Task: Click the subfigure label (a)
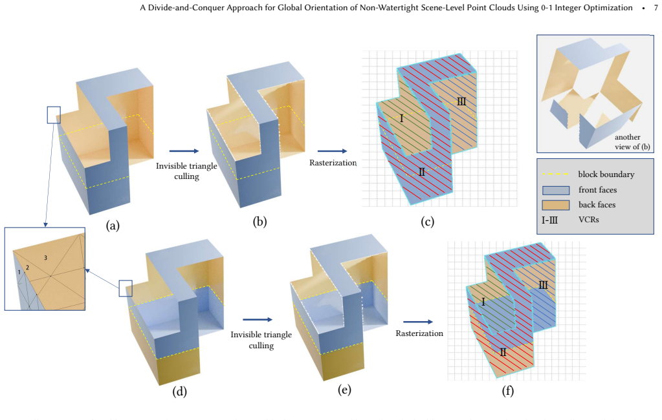point(113,226)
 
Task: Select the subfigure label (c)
point(427,222)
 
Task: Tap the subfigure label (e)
point(344,390)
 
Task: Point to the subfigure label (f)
point(507,391)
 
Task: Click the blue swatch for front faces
point(556,190)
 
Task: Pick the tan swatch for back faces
point(556,205)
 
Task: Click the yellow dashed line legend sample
point(556,174)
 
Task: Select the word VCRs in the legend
point(588,220)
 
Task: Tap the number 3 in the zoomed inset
point(45,258)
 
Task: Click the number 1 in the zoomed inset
point(19,273)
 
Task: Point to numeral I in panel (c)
point(401,118)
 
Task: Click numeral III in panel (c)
point(461,101)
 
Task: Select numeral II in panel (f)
point(503,352)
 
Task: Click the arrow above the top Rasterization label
point(332,151)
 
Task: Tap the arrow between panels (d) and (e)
point(258,320)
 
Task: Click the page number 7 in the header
point(656,8)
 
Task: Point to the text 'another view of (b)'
point(632,142)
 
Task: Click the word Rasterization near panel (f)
point(419,333)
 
